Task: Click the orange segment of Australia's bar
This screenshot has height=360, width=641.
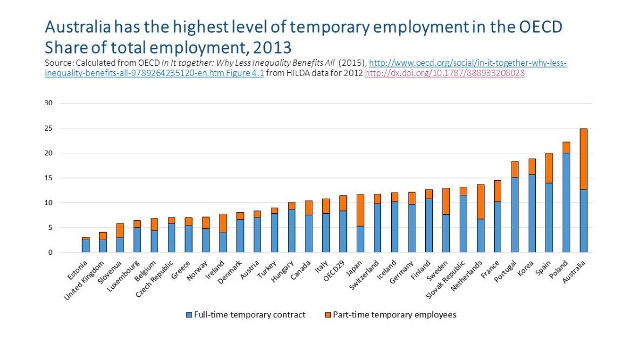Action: pos(583,159)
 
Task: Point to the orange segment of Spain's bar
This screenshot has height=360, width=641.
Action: pos(549,168)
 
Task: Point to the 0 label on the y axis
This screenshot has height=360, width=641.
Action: pos(50,253)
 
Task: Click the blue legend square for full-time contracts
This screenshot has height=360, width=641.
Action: pos(188,315)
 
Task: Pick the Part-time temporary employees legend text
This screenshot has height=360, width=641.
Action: pos(394,315)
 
